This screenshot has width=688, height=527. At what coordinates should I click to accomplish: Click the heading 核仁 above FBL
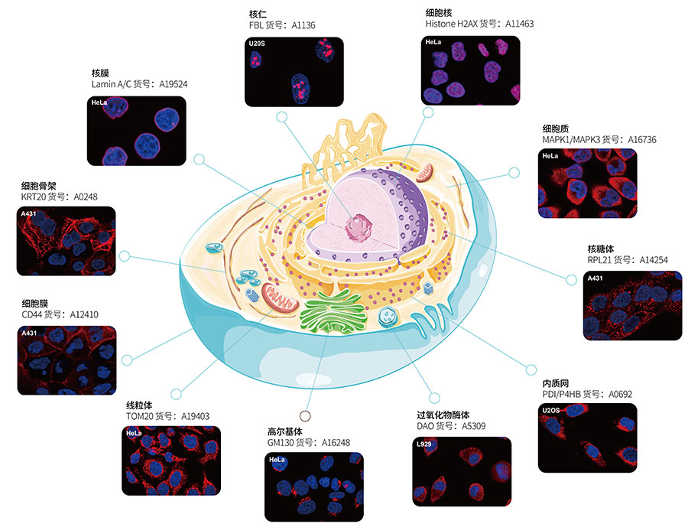[258, 13]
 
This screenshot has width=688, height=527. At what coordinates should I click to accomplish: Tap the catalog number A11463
[519, 24]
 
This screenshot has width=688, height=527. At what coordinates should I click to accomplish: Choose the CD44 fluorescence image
[67, 360]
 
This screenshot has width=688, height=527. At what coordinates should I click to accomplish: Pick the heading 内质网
[553, 382]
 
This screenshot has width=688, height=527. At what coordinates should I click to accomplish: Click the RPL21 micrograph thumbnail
[632, 305]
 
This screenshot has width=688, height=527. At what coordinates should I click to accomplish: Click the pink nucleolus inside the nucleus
[358, 227]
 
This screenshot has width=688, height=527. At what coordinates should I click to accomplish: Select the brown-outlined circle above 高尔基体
[305, 416]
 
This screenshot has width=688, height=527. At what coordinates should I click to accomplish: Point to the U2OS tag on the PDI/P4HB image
[552, 410]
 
